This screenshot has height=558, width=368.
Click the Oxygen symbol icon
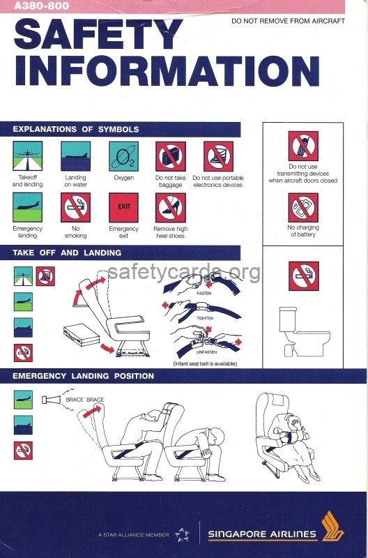[123, 156]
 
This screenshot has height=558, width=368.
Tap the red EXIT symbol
[123, 207]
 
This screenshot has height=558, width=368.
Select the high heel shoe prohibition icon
[170, 207]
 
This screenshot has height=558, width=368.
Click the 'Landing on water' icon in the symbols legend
[75, 156]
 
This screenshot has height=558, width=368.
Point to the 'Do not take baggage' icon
[171, 156]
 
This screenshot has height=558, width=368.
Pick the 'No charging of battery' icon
[303, 207]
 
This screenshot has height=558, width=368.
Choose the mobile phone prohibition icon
[303, 146]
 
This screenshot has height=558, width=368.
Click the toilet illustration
[305, 332]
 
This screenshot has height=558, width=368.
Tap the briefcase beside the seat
[82, 335]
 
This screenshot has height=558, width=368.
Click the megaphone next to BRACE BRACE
[51, 400]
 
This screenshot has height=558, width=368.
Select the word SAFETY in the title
[98, 33]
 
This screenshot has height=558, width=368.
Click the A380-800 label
[42, 6]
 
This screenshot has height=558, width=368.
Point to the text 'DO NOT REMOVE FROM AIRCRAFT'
[288, 21]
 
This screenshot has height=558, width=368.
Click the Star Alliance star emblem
[183, 534]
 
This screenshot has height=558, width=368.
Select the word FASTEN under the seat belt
[204, 293]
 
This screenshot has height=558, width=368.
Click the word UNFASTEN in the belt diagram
[206, 352]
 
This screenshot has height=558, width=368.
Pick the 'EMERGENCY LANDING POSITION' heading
[83, 376]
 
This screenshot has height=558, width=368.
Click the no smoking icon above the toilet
[304, 276]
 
